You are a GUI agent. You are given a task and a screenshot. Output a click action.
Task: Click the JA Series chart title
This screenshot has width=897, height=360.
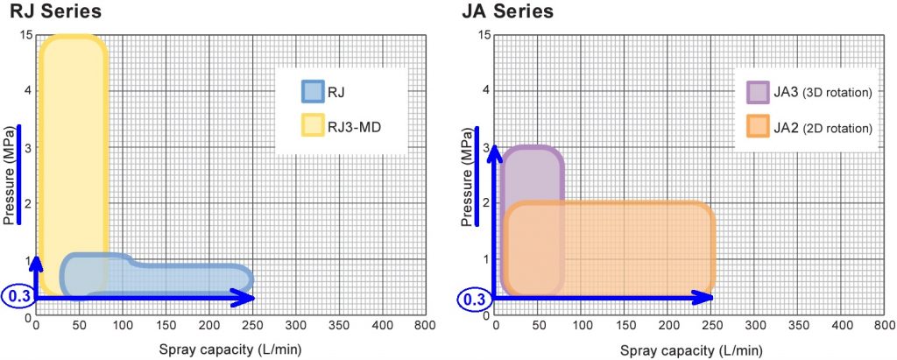(x=507, y=12)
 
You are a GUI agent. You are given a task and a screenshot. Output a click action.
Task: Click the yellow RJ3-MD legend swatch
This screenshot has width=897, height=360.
(x=313, y=127)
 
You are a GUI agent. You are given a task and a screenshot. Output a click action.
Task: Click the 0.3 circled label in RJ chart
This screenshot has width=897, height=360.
(x=17, y=297)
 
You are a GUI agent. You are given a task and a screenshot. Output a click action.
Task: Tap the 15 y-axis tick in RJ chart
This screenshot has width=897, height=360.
(x=26, y=35)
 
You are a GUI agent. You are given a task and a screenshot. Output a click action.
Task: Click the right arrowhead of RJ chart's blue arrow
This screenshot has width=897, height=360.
(x=248, y=298)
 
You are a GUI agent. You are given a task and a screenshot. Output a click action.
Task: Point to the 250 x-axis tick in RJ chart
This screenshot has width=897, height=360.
(x=251, y=326)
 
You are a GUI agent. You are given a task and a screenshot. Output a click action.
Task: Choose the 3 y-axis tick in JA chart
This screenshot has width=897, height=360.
(x=487, y=147)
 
